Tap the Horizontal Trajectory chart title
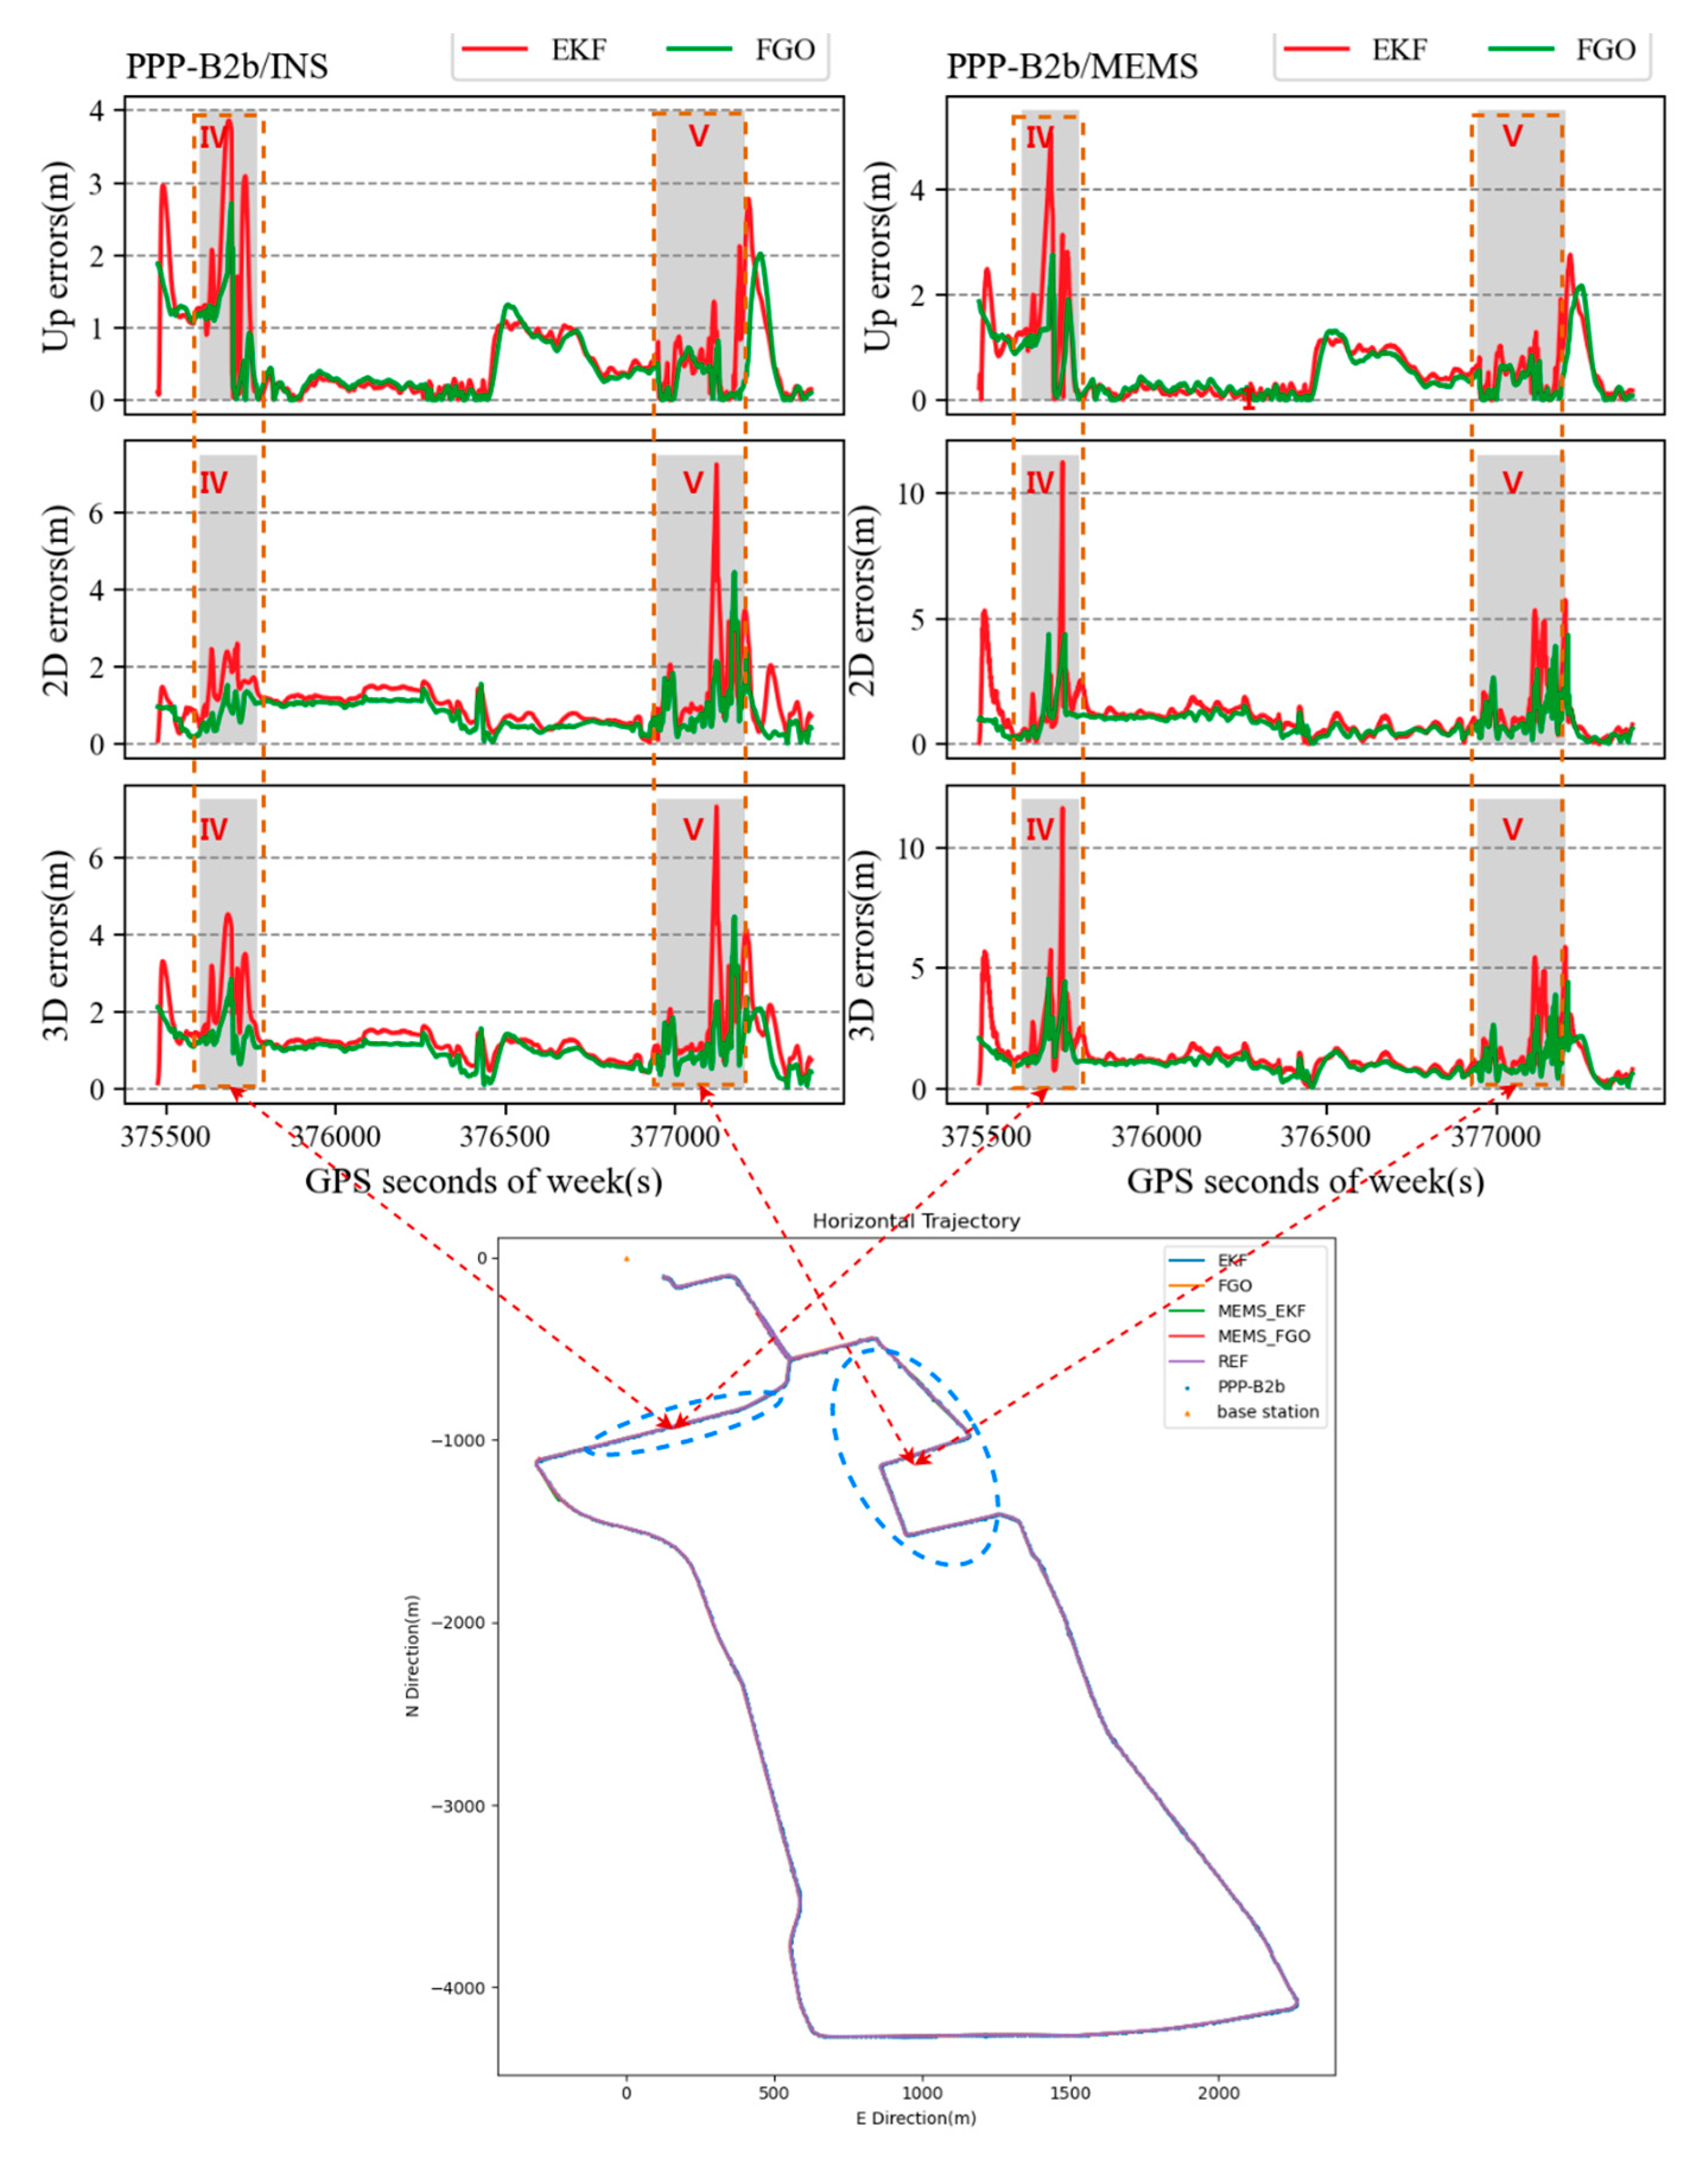tap(915, 1221)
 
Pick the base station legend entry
tap(1267, 1411)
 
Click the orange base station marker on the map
tap(626, 1259)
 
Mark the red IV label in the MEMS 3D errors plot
tap(1039, 829)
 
